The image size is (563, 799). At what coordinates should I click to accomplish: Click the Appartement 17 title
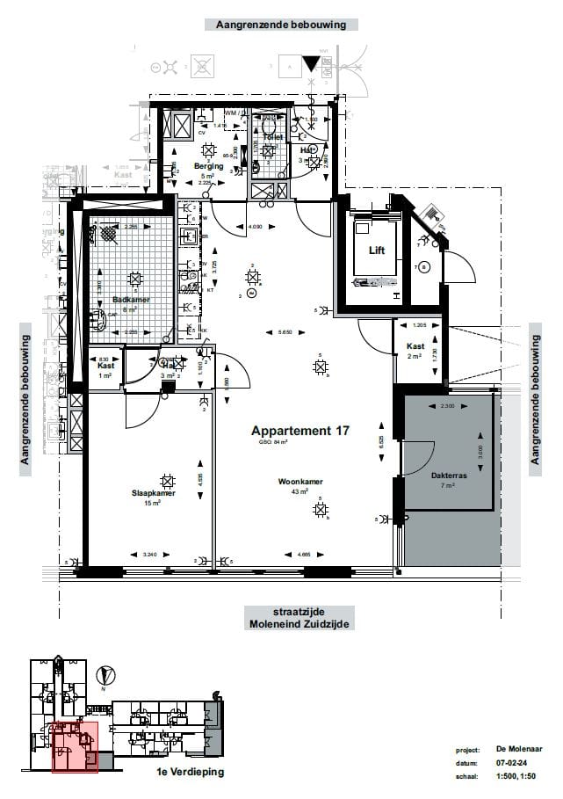point(300,431)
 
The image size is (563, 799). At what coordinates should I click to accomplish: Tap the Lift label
point(377,251)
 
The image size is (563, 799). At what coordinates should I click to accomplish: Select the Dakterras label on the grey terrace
point(448,476)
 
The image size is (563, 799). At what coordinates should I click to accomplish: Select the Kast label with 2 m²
point(415,346)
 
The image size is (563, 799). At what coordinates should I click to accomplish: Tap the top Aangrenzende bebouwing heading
point(280,25)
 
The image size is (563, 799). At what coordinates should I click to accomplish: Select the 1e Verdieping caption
point(190,772)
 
